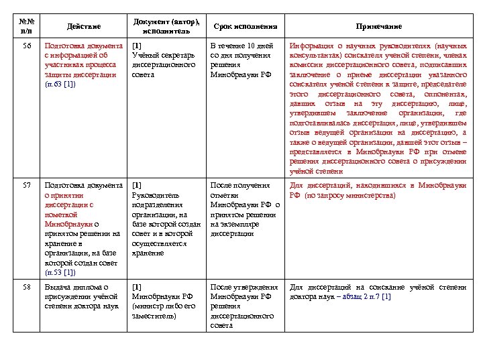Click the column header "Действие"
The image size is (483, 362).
point(84,26)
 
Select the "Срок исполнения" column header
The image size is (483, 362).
point(245,26)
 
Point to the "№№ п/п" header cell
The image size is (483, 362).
point(26,26)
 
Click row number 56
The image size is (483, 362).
point(26,46)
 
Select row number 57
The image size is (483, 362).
point(26,185)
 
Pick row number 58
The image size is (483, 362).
point(26,287)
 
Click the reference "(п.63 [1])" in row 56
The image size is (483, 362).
point(60,84)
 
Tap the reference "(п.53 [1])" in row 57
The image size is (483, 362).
point(60,272)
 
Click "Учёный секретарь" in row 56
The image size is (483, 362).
point(164,55)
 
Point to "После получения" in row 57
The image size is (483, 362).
point(239,185)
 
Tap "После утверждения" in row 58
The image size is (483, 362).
point(244,287)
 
